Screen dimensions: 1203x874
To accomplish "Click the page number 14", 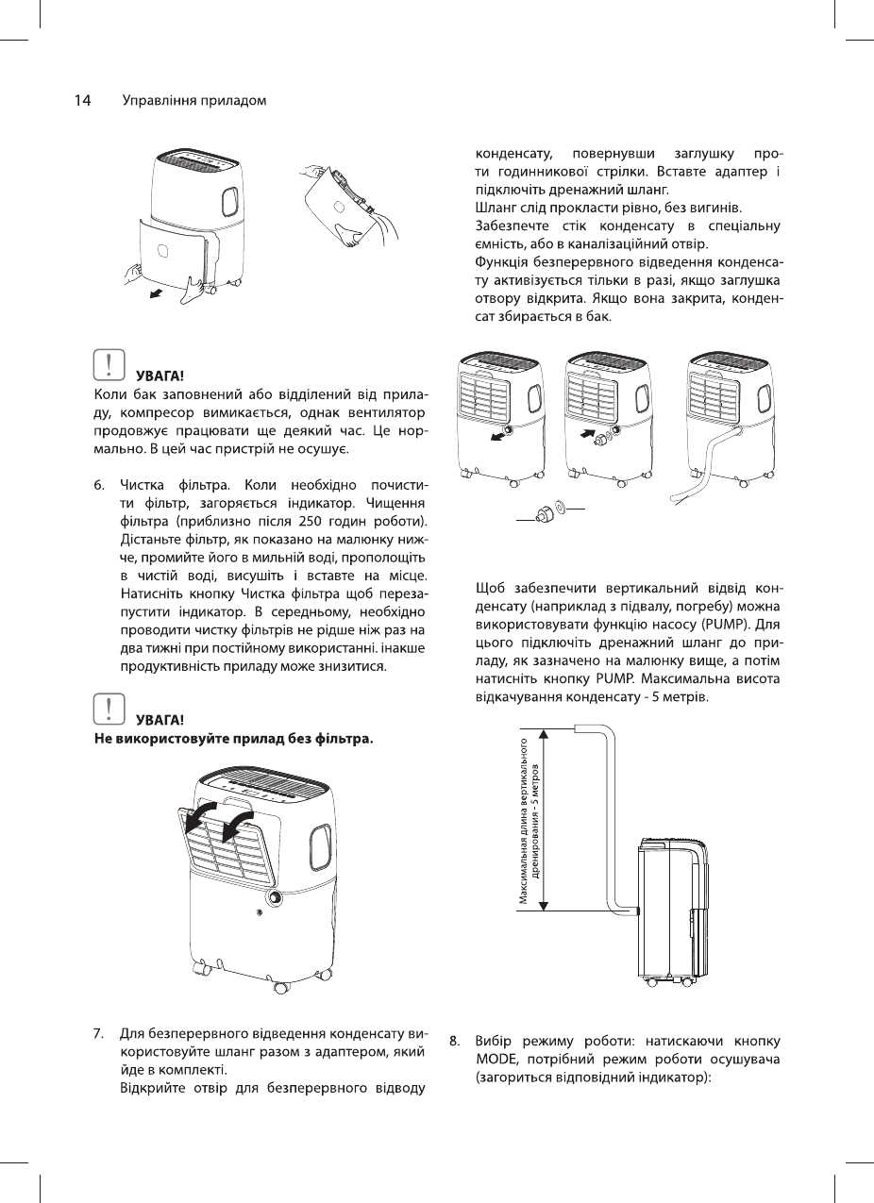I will point(82,101).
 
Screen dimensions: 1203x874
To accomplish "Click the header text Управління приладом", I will point(194,101).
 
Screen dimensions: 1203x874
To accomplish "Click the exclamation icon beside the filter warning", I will point(110,708).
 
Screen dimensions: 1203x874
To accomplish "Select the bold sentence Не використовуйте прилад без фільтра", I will point(232,738).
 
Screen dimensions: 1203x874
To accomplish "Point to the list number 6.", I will point(98,487).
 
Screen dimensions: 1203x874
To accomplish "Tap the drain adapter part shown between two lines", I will point(546,512).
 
